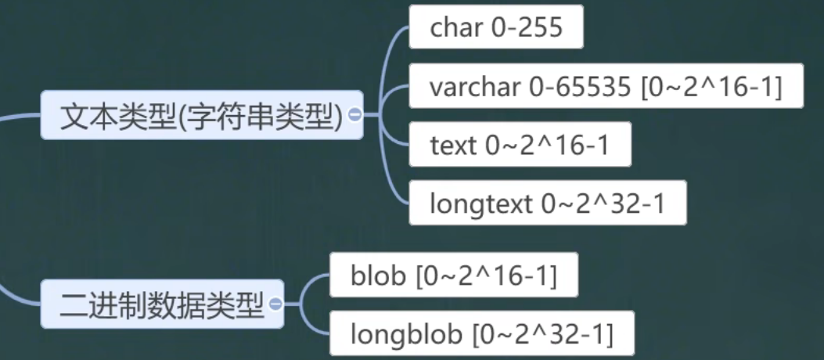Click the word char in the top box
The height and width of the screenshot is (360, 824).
click(x=456, y=28)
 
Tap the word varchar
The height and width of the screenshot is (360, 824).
click(x=475, y=88)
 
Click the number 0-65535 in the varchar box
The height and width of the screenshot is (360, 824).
click(x=580, y=88)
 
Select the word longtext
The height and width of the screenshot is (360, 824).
click(x=481, y=203)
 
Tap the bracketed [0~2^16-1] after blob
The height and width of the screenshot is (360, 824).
click(x=486, y=275)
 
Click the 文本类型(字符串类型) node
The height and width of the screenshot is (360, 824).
click(x=201, y=116)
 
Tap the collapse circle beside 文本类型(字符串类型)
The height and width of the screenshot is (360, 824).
click(x=354, y=115)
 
